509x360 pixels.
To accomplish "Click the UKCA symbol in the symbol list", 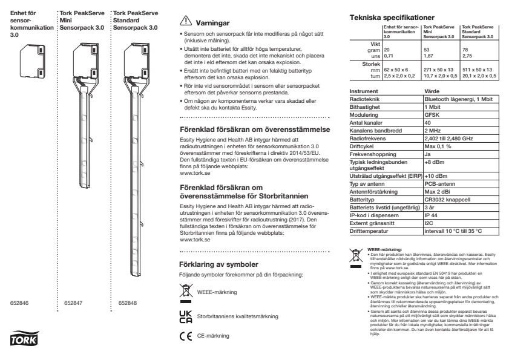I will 186,315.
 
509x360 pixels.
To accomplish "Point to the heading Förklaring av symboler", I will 220,264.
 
